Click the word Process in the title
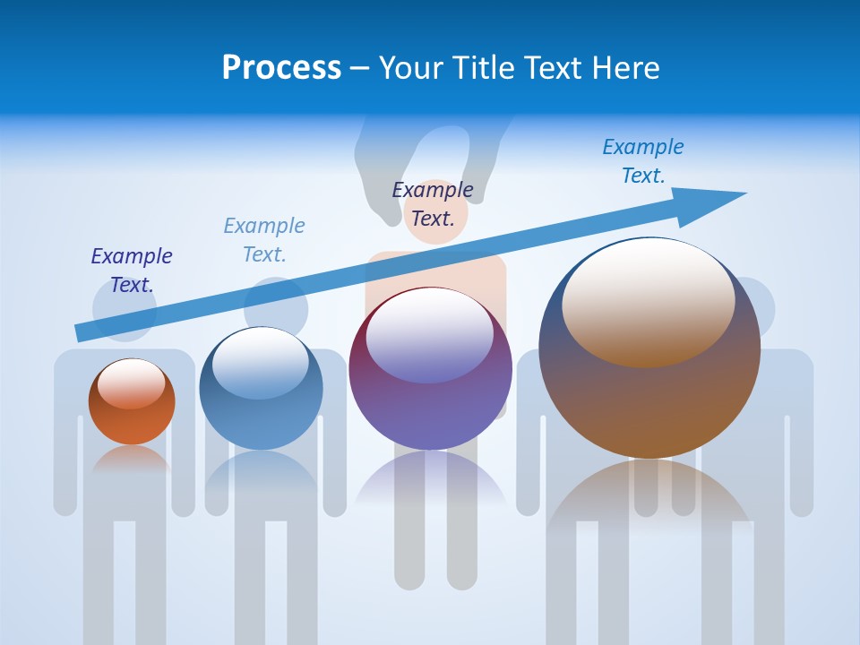(281, 68)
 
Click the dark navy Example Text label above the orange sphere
(132, 270)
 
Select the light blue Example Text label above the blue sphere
(264, 239)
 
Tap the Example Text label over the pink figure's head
(433, 203)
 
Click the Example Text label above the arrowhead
(642, 160)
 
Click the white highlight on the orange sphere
(131, 383)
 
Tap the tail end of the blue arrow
(82, 332)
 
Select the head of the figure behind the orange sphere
(125, 310)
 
